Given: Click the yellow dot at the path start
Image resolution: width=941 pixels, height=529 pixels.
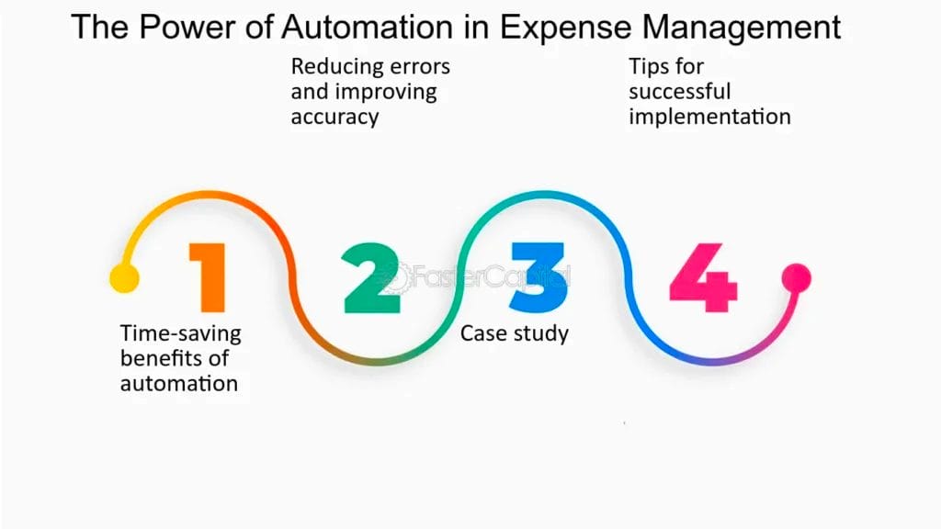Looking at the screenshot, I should click(124, 277).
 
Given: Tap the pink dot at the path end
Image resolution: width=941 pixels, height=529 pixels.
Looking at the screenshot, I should click(796, 277).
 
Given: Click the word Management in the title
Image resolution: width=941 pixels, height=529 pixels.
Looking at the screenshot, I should click(750, 27).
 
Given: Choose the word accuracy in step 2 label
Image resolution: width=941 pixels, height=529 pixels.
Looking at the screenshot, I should click(334, 118).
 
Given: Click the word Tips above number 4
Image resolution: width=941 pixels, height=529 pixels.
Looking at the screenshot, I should click(649, 67).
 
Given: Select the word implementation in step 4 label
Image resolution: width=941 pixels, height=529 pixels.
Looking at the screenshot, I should click(709, 118).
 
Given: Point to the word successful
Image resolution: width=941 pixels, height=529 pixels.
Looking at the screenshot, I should click(680, 92).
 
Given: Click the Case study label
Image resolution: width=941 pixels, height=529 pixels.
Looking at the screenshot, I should click(515, 332).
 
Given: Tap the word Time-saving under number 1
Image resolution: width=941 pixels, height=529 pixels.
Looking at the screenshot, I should click(180, 332).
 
